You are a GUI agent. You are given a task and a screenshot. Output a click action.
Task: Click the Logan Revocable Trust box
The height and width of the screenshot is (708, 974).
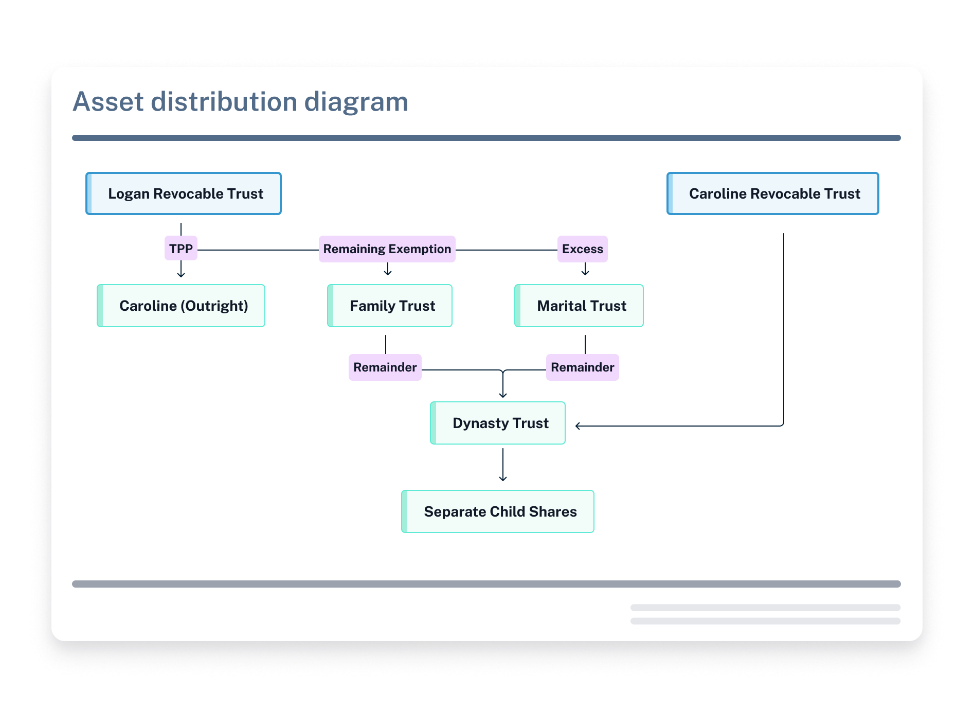pyautogui.click(x=184, y=193)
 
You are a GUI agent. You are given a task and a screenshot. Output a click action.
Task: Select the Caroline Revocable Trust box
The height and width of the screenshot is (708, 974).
pyautogui.click(x=773, y=193)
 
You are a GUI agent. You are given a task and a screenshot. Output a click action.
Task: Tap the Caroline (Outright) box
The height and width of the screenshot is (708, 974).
pyautogui.click(x=181, y=306)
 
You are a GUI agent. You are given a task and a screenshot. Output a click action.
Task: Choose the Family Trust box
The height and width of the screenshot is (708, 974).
pyautogui.click(x=390, y=306)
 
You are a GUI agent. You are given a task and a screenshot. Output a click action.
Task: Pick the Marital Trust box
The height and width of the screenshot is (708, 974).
pyautogui.click(x=579, y=306)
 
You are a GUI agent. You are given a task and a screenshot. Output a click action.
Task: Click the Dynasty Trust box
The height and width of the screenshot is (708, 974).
pyautogui.click(x=498, y=423)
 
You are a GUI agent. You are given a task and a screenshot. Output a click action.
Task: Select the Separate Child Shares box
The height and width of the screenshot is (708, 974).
pyautogui.click(x=498, y=511)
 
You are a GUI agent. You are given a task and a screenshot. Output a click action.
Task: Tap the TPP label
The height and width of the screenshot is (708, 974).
pyautogui.click(x=181, y=249)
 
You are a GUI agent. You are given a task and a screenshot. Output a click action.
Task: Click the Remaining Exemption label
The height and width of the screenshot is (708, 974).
pyautogui.click(x=387, y=249)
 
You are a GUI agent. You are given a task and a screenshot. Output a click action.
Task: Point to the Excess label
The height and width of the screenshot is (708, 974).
pyautogui.click(x=583, y=249)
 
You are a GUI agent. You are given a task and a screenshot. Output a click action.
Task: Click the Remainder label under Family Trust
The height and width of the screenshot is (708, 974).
pyautogui.click(x=385, y=367)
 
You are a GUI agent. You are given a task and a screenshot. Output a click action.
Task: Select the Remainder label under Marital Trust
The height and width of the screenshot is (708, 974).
pyautogui.click(x=583, y=367)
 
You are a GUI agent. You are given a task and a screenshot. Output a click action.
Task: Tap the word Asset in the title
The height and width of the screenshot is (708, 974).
pyautogui.click(x=108, y=102)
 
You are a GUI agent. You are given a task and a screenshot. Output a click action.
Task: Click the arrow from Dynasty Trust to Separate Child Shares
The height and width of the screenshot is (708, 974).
pyautogui.click(x=503, y=465)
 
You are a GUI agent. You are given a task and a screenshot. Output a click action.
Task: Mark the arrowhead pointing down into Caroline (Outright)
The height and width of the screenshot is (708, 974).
pyautogui.click(x=181, y=274)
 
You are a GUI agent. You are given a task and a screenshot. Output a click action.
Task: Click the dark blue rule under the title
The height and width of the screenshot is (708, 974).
pyautogui.click(x=486, y=138)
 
